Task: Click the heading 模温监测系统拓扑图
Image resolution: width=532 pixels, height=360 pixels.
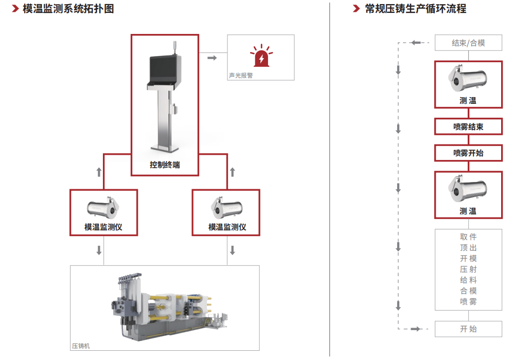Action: (68, 9)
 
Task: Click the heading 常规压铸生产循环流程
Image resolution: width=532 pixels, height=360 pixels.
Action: (415, 9)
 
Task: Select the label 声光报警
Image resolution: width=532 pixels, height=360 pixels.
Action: (241, 75)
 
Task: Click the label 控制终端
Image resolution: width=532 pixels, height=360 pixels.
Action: (165, 165)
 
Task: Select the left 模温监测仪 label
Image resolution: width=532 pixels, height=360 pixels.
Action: (103, 227)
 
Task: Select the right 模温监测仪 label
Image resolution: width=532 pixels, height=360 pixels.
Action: (227, 227)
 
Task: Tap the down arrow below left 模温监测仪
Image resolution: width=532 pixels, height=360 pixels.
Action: (99, 250)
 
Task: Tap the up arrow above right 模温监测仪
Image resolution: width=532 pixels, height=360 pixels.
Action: (232, 172)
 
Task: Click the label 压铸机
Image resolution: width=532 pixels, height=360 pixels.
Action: (81, 346)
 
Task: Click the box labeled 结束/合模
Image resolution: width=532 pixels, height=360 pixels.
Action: (468, 43)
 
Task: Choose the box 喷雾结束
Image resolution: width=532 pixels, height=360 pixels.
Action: (468, 127)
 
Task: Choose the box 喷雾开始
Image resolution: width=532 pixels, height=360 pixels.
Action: (468, 153)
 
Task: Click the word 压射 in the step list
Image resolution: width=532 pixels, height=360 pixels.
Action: (468, 269)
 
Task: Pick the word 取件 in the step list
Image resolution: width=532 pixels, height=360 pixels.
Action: (468, 237)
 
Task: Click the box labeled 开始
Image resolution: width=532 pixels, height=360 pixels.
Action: (468, 329)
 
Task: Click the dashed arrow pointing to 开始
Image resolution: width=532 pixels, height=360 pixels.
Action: (417, 329)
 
